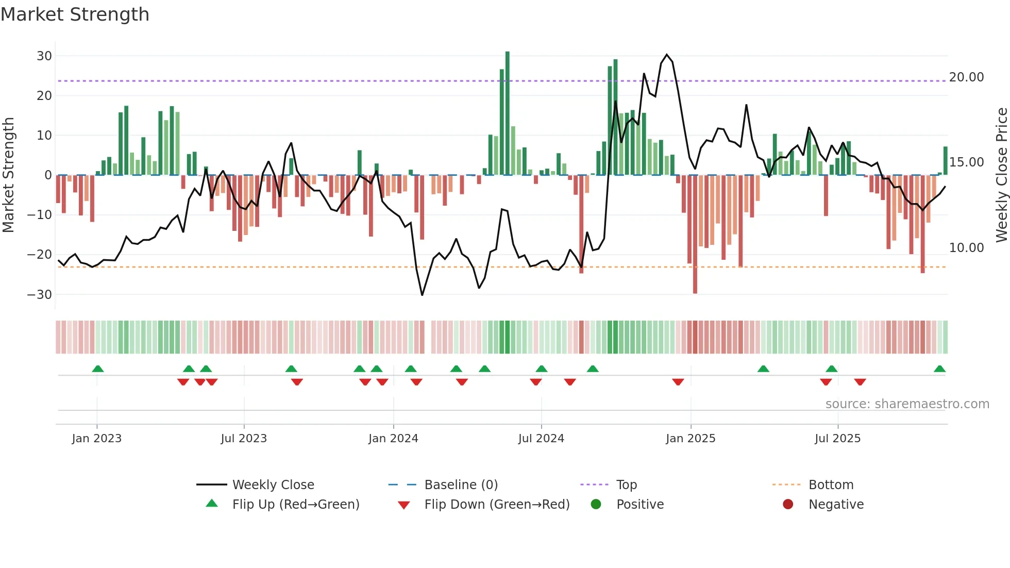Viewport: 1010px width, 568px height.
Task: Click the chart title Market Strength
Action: click(75, 14)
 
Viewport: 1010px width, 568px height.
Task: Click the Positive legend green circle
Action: click(596, 505)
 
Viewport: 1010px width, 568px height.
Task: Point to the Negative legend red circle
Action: click(788, 505)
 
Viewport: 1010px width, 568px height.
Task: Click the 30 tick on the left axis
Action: click(44, 56)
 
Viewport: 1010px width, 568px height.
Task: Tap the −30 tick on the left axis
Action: click(40, 295)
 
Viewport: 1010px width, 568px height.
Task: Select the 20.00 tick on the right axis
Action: click(966, 77)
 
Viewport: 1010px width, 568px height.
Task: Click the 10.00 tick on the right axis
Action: click(966, 248)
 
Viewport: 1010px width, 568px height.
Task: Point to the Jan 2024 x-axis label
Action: click(393, 439)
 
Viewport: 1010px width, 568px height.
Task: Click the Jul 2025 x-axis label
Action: click(837, 439)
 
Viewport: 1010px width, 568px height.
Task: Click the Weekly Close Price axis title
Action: click(1001, 175)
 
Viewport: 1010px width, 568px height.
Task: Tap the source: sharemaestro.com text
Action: click(907, 404)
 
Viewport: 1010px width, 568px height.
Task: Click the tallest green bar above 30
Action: click(508, 113)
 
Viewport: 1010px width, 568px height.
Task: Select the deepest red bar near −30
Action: click(695, 235)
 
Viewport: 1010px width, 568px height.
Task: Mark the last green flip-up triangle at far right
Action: click(939, 369)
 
